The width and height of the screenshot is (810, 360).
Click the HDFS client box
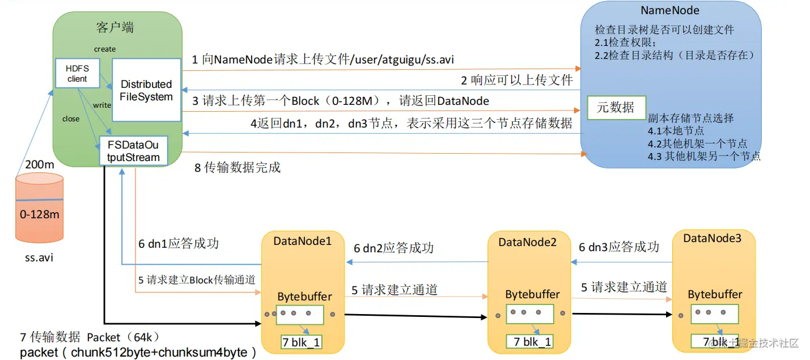(x=78, y=73)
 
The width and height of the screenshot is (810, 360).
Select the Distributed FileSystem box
(x=146, y=90)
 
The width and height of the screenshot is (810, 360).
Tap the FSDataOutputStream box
(x=133, y=151)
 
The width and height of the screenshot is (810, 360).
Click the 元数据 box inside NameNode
(x=615, y=107)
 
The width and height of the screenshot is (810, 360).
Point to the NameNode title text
(x=669, y=10)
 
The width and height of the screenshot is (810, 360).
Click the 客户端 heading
(x=115, y=27)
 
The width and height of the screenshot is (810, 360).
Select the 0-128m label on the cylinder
(x=39, y=215)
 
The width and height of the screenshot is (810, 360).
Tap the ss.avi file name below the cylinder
(x=39, y=257)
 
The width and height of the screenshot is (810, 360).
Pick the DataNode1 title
(x=302, y=240)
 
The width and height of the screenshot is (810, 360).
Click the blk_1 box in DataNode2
(x=529, y=342)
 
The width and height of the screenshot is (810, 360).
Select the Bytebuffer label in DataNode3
(x=715, y=294)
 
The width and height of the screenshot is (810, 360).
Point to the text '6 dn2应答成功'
(x=394, y=248)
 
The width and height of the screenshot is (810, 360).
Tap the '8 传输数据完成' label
(x=238, y=168)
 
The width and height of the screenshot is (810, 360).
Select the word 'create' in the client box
(x=105, y=49)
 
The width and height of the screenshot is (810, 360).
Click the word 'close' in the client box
(x=71, y=119)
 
